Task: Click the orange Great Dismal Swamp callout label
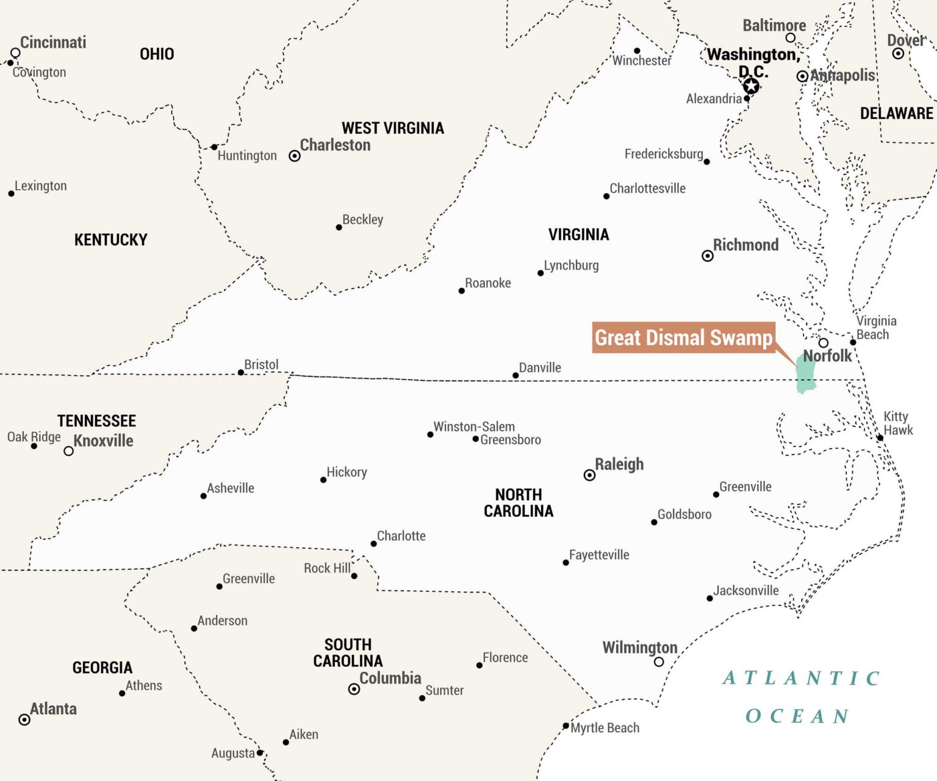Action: tap(683, 338)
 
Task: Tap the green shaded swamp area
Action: tap(806, 374)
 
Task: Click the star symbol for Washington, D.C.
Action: tap(751, 86)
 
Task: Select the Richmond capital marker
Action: tap(707, 256)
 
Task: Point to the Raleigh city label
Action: tap(619, 464)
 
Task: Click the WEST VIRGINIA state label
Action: tap(392, 128)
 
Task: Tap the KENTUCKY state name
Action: tap(110, 240)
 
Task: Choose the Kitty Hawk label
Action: tap(897, 423)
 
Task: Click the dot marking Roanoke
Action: tap(461, 291)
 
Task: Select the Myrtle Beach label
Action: tap(605, 728)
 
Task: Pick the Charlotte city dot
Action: tap(373, 544)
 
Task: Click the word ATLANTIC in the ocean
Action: tap(801, 678)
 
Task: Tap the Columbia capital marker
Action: tap(354, 689)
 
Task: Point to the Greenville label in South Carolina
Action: tap(248, 578)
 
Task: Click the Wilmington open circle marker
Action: tap(659, 661)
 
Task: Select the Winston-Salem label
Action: tap(474, 426)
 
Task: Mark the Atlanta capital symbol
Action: tap(24, 719)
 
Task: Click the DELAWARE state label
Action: tap(896, 113)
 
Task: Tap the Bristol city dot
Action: tap(241, 372)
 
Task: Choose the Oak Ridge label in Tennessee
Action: tap(34, 437)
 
